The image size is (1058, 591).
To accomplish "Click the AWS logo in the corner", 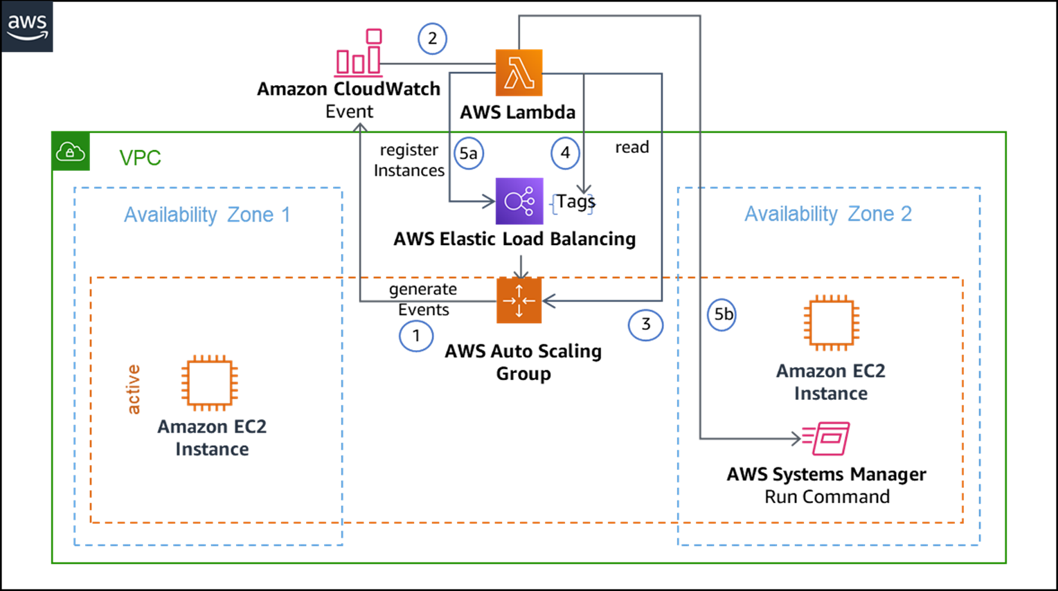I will click(x=27, y=27).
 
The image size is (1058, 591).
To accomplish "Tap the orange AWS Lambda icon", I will click(x=519, y=73).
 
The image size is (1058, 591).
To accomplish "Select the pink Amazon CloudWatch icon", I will click(x=359, y=53).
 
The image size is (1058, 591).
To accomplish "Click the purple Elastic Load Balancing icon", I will click(x=519, y=201).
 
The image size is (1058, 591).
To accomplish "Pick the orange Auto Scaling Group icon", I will click(x=519, y=300).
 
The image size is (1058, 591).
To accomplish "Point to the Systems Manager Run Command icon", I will click(x=827, y=438).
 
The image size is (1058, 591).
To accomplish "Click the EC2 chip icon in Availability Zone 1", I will click(x=210, y=383).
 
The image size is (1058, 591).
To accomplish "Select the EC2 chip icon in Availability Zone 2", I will click(x=831, y=323).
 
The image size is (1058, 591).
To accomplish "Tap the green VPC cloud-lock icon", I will click(x=71, y=152).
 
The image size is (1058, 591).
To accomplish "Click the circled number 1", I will click(x=416, y=336).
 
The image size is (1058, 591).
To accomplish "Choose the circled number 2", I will click(x=432, y=39).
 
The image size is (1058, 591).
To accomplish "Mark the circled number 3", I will click(x=645, y=325).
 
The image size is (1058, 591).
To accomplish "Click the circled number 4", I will click(x=565, y=153).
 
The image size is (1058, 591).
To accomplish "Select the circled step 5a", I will click(x=469, y=153).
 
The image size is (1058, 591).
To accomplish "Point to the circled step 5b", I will click(x=722, y=315).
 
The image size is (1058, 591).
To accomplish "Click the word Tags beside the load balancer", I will click(x=575, y=201).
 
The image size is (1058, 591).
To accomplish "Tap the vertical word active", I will click(x=133, y=390).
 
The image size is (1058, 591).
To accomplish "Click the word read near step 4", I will click(x=631, y=147).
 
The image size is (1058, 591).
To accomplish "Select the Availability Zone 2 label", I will click(x=827, y=214).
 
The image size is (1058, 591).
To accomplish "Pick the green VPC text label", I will click(x=140, y=158).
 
